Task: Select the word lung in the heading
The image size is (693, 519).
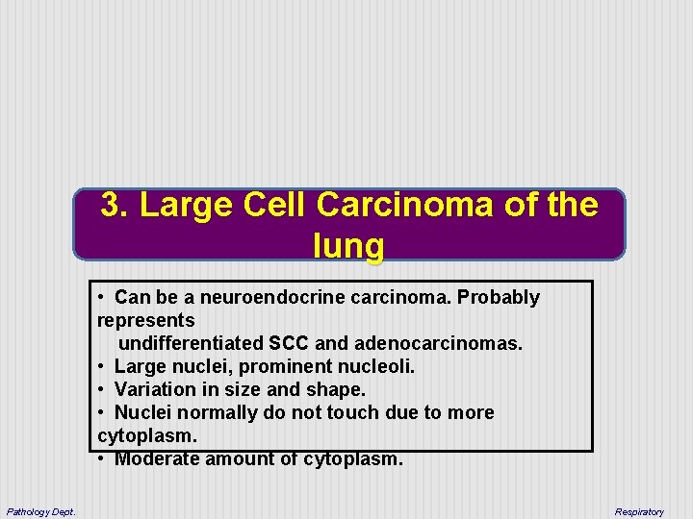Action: pos(348,246)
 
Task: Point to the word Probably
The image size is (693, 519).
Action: pos(499,298)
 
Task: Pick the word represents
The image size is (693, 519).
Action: pos(146,320)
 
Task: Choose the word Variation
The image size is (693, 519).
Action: pos(154,389)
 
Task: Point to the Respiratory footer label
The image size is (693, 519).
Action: pos(639,511)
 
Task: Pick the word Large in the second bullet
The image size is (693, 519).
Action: pos(140,366)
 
